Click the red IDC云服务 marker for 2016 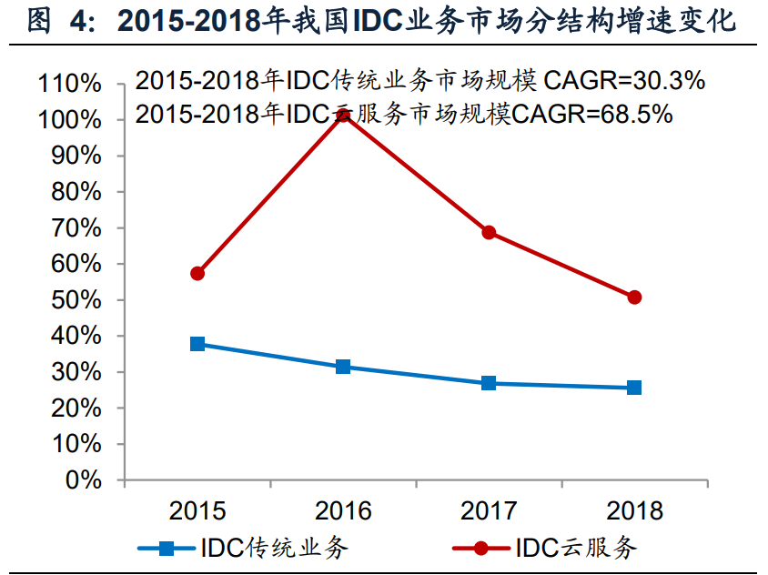coord(343,116)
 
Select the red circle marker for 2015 coord(197,273)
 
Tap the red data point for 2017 coord(489,232)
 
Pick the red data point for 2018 coord(634,298)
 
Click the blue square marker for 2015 coord(197,344)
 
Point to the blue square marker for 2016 coord(343,367)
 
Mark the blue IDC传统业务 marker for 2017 coord(489,383)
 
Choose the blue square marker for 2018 coord(634,388)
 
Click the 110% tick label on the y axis coord(69,85)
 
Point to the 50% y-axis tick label coord(76,300)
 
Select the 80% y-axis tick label coord(76,192)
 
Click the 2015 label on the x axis coord(197,510)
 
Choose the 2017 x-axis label coord(489,510)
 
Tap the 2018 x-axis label coord(634,510)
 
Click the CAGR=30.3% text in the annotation coord(624,81)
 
